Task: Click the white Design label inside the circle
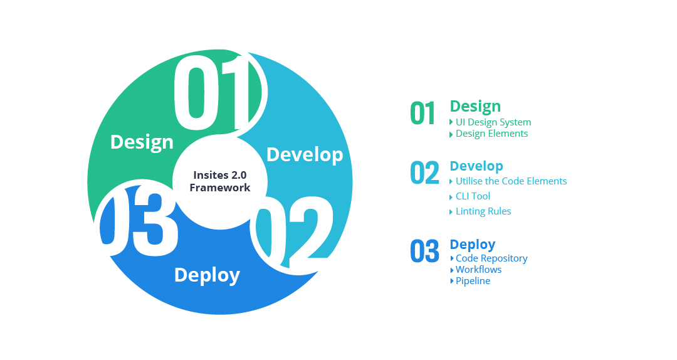click(x=142, y=142)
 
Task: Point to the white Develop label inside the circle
click(x=305, y=155)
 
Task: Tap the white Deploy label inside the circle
click(x=207, y=275)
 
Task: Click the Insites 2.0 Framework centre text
click(x=220, y=181)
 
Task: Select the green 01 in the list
click(x=422, y=114)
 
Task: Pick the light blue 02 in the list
click(x=424, y=172)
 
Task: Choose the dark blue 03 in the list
click(x=424, y=251)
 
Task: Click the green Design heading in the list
click(x=475, y=107)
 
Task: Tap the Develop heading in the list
click(x=476, y=166)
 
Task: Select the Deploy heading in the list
click(x=473, y=245)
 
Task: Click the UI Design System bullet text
click(x=493, y=122)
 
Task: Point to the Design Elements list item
click(x=492, y=134)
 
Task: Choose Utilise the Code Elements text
click(x=512, y=181)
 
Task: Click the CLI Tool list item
click(x=473, y=196)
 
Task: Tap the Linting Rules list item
click(x=483, y=211)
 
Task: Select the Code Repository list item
click(x=491, y=258)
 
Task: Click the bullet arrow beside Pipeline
click(x=451, y=281)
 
